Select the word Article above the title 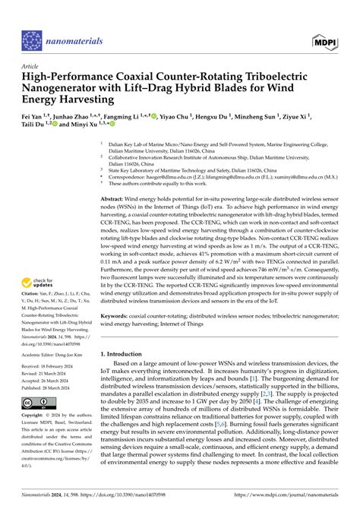[x=32, y=65]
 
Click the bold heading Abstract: [x=114, y=197]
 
